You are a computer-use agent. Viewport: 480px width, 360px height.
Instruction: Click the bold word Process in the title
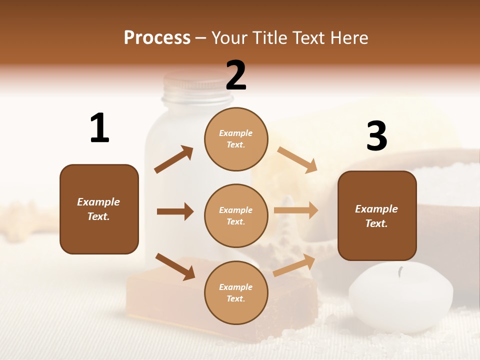point(157,38)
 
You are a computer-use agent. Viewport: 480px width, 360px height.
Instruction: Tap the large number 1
point(99,128)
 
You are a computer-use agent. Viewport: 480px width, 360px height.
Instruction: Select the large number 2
point(236,75)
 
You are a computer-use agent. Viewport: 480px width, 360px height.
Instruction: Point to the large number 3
point(376,136)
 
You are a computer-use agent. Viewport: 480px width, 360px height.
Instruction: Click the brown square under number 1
point(99,209)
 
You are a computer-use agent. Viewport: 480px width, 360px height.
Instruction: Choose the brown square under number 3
point(377,216)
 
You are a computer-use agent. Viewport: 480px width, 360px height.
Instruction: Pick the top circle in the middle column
point(236,139)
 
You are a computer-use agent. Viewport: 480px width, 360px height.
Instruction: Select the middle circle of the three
point(236,216)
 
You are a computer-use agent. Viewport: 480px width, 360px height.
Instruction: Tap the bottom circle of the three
point(236,292)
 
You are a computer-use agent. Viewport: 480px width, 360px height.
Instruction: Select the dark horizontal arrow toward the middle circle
point(175,211)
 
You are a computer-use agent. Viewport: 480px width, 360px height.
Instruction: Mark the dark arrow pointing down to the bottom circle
point(175,266)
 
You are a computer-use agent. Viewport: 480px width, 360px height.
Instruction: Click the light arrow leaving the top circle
point(297,159)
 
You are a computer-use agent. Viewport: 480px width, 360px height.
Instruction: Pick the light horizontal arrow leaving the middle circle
point(296,210)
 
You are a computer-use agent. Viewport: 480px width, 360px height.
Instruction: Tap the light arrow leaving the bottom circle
point(294,265)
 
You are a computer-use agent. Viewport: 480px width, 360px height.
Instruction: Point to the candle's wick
point(400,272)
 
